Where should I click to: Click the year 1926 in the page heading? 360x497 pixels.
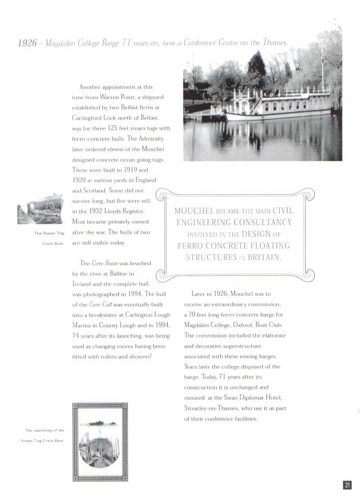(x=27, y=43)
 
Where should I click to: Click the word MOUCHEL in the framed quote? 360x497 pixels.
(x=194, y=211)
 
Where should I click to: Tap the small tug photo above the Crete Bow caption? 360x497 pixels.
(x=40, y=209)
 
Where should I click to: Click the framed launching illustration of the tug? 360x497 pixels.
(x=100, y=442)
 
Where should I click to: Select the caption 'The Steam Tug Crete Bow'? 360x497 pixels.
(x=49, y=238)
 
